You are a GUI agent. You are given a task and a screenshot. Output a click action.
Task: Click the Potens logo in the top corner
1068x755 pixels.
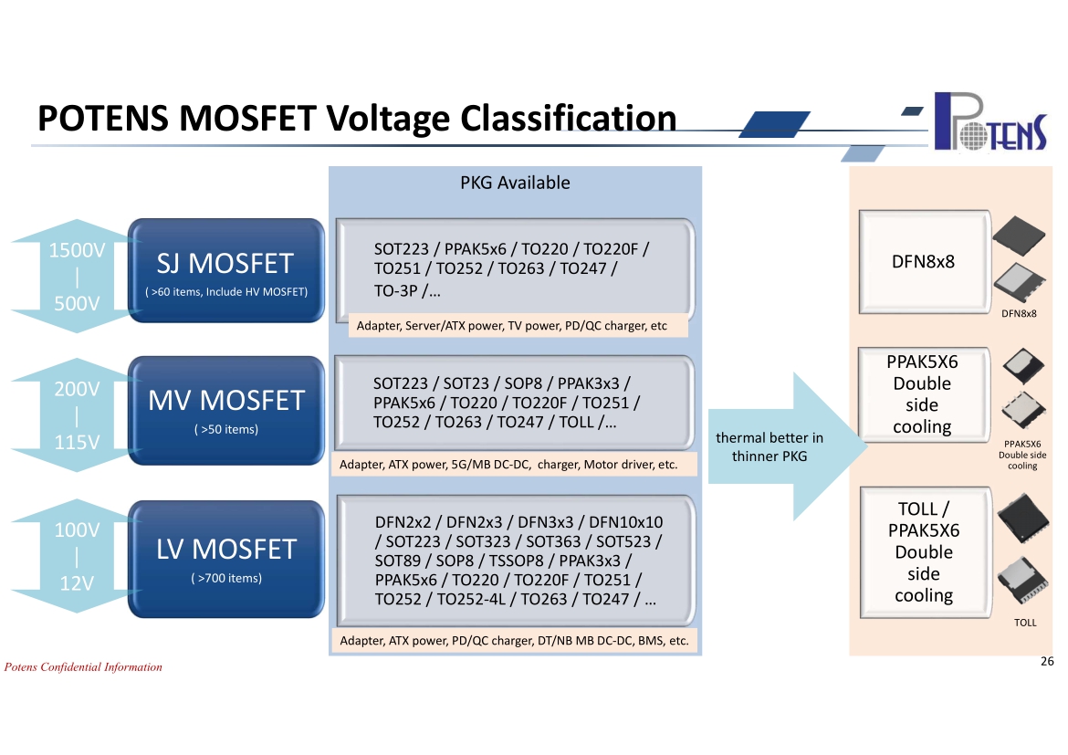pyautogui.click(x=990, y=121)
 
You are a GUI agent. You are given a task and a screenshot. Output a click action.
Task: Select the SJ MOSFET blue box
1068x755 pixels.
pyautogui.click(x=226, y=270)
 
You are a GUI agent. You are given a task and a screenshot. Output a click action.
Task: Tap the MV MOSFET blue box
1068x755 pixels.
pyautogui.click(x=226, y=410)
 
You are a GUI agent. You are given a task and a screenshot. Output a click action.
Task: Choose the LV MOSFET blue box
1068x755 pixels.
pyautogui.click(x=226, y=559)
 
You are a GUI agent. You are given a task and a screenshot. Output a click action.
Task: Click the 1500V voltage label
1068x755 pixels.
pyautogui.click(x=77, y=250)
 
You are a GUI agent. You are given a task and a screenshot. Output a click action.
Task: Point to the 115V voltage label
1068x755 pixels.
pyautogui.click(x=77, y=442)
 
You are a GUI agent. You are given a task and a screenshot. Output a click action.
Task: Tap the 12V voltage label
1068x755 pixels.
pyautogui.click(x=77, y=583)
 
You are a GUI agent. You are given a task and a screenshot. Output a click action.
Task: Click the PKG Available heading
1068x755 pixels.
pyautogui.click(x=515, y=183)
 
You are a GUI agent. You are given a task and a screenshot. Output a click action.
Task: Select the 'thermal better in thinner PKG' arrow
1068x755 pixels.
pyautogui.click(x=787, y=447)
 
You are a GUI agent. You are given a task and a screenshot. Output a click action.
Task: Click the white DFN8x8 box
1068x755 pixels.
pyautogui.click(x=925, y=262)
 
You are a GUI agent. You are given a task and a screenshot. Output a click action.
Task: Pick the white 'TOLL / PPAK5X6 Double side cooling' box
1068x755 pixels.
pyautogui.click(x=925, y=552)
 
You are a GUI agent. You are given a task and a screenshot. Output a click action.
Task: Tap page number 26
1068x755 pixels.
pyautogui.click(x=1048, y=661)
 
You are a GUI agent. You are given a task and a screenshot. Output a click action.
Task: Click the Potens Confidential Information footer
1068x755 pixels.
pyautogui.click(x=83, y=667)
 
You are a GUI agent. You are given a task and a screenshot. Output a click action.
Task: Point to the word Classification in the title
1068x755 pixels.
pyautogui.click(x=569, y=118)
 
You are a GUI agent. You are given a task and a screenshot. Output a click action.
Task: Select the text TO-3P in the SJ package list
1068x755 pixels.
pyautogui.click(x=396, y=291)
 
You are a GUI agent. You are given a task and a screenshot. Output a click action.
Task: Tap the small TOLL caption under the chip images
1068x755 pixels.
pyautogui.click(x=1025, y=623)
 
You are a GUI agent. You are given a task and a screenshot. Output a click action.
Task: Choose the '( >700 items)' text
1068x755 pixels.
pyautogui.click(x=226, y=578)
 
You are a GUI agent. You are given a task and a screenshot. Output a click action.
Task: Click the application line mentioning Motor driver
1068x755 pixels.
pyautogui.click(x=508, y=465)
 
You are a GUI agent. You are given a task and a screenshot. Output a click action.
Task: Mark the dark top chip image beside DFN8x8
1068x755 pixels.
pyautogui.click(x=1019, y=236)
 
